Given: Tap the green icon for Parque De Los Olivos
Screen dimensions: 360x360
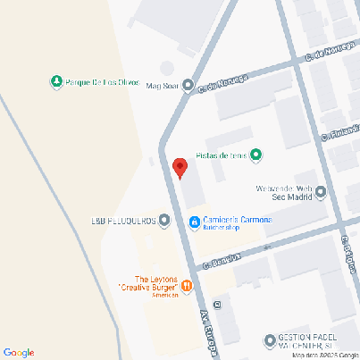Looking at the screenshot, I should (56, 82).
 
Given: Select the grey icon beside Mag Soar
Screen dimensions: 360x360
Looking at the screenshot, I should (189, 86).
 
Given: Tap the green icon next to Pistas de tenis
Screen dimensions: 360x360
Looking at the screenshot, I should (256, 155).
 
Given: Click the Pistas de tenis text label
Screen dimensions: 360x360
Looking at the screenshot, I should (226, 155).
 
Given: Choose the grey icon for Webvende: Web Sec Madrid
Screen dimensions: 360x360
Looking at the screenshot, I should (321, 191).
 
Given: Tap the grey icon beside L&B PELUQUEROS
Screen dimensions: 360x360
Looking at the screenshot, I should (165, 220).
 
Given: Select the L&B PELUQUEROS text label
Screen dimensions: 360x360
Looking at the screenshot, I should (123, 220).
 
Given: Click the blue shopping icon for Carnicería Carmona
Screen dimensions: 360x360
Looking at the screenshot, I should (194, 221).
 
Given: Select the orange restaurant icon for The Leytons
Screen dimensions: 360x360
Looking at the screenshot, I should (187, 286).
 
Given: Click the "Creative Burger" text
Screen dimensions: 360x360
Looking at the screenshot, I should (147, 288).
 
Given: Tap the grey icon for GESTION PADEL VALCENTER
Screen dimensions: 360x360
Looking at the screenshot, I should (270, 340).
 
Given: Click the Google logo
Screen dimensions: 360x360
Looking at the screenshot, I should (18, 352).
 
